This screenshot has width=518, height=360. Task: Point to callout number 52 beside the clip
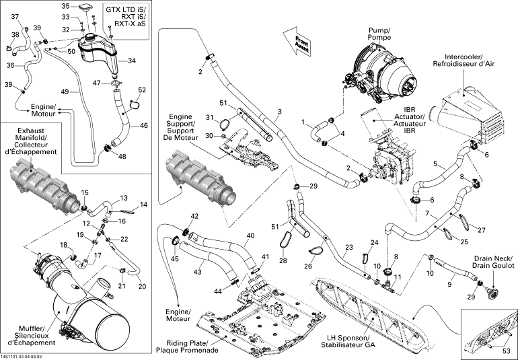(141, 90)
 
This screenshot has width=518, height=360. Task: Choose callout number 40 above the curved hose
(250, 236)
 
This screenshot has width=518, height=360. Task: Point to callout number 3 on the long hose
(279, 111)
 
